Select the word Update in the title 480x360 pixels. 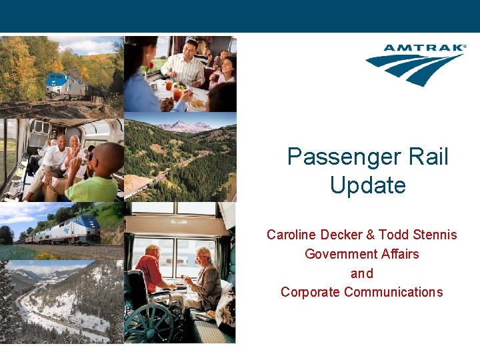(367, 185)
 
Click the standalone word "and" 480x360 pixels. (362, 273)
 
